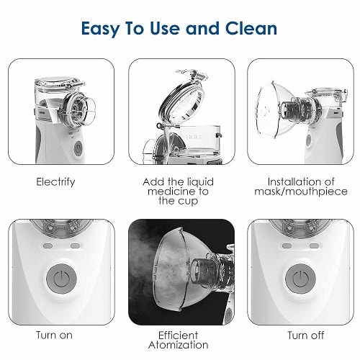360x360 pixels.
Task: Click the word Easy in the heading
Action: [100, 29]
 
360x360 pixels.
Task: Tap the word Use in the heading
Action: [165, 28]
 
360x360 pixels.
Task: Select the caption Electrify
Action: [55, 182]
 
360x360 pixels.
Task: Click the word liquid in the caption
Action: [198, 182]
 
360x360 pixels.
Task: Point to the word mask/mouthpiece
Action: [301, 192]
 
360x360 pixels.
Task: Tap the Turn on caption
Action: [54, 336]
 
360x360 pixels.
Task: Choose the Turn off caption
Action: [306, 336]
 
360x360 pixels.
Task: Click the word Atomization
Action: [179, 345]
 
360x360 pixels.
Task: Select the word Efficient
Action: [178, 336]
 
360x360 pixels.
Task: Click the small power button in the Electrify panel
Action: [78, 148]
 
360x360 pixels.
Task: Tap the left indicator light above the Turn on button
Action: [48, 246]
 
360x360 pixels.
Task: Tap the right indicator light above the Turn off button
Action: [314, 246]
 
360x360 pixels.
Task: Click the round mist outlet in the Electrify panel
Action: [78, 109]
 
